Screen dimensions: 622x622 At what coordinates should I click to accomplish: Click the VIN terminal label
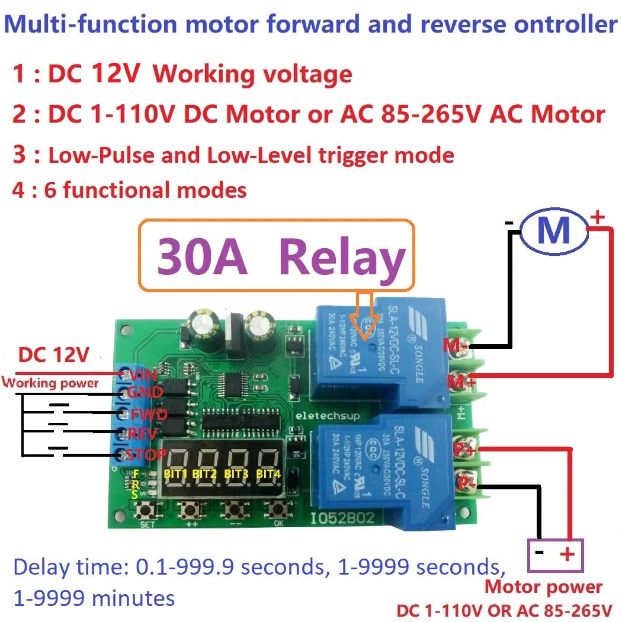(x=143, y=374)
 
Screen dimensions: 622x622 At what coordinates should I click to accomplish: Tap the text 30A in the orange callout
(x=201, y=258)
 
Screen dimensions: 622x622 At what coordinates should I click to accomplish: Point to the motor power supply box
(x=555, y=555)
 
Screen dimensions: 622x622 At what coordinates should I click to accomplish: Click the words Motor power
(x=543, y=588)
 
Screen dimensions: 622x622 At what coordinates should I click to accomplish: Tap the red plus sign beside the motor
(x=597, y=217)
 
